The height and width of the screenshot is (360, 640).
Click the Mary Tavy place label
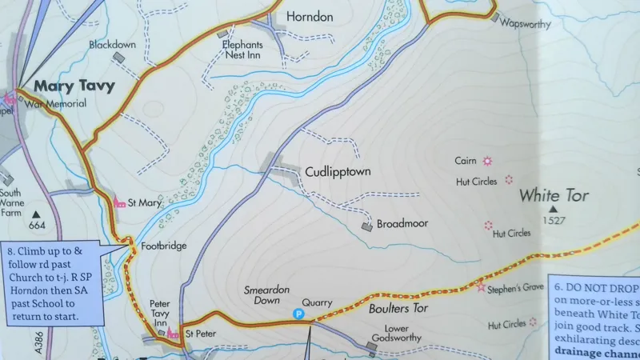click(74, 86)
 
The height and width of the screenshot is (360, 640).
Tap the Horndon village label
click(310, 16)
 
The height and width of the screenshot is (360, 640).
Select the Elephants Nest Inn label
click(243, 50)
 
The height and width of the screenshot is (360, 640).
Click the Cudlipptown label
click(338, 171)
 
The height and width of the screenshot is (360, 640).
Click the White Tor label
click(554, 195)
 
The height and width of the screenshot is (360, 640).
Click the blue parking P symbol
click(298, 315)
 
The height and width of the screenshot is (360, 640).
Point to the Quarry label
click(318, 303)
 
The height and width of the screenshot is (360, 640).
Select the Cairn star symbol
click(487, 161)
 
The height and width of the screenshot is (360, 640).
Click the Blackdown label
click(112, 45)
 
